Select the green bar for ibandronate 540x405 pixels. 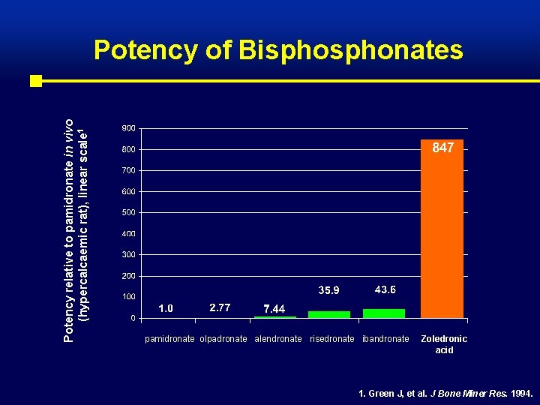coord(383,313)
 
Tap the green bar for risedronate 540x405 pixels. coord(329,314)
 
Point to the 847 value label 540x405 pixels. coord(442,148)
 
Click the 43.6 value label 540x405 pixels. coord(385,289)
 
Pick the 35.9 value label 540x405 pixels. coord(329,290)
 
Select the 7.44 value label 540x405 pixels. coord(274,309)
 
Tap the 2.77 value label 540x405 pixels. coord(220,307)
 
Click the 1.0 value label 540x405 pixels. coord(166,307)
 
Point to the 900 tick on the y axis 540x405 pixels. coord(128,127)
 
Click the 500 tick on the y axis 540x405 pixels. coord(128,212)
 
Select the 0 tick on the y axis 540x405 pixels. coord(133,318)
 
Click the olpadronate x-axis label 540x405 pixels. coord(223,339)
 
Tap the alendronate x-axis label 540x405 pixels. coord(279,339)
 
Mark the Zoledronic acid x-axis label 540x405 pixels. coord(444,344)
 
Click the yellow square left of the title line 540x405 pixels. coord(35,80)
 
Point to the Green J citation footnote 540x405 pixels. coord(440,393)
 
